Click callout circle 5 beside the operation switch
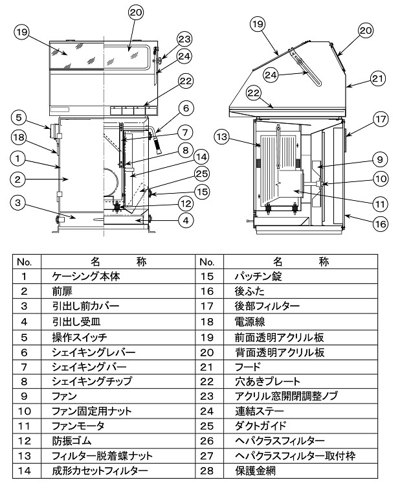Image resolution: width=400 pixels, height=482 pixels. pos(19,118)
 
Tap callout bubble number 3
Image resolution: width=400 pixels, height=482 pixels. pos(20,203)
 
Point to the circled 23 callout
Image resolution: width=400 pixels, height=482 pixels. pos(166,38)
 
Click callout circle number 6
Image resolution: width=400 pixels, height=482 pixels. pos(185,108)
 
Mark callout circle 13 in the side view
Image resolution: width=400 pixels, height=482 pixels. pos(222,137)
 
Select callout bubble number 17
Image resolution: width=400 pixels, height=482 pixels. pos(379,119)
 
